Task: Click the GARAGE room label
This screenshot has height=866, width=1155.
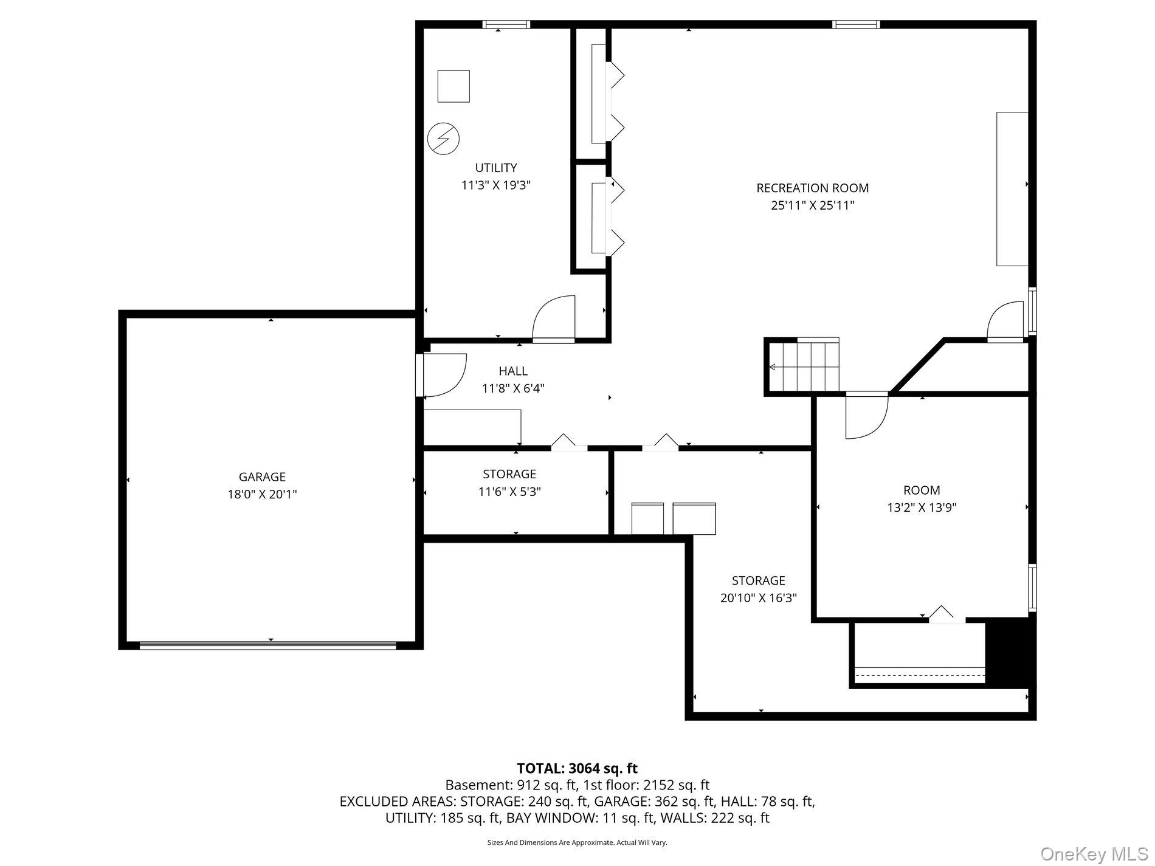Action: tap(262, 477)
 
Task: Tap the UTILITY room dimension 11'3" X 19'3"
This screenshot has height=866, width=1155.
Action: tap(496, 185)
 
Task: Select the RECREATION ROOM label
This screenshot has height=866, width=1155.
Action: tap(812, 188)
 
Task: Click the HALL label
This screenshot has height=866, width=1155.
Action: tap(513, 371)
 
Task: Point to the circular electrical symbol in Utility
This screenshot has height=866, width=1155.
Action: tap(443, 139)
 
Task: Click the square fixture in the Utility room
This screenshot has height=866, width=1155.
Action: tap(453, 86)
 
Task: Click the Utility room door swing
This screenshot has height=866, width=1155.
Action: tap(553, 317)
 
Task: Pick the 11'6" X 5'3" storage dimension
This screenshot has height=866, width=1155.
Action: tap(509, 492)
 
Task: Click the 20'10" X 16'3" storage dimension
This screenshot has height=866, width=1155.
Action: tap(758, 598)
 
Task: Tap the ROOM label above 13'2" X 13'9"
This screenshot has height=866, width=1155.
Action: tap(922, 490)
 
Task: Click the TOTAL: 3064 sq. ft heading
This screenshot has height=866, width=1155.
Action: tap(577, 769)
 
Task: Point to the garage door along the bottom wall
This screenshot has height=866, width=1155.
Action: tap(267, 645)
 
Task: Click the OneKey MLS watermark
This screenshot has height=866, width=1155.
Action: tap(1094, 854)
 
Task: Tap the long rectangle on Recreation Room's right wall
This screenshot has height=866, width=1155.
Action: tap(1012, 189)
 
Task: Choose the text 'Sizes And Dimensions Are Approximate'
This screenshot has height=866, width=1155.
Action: tap(550, 843)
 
